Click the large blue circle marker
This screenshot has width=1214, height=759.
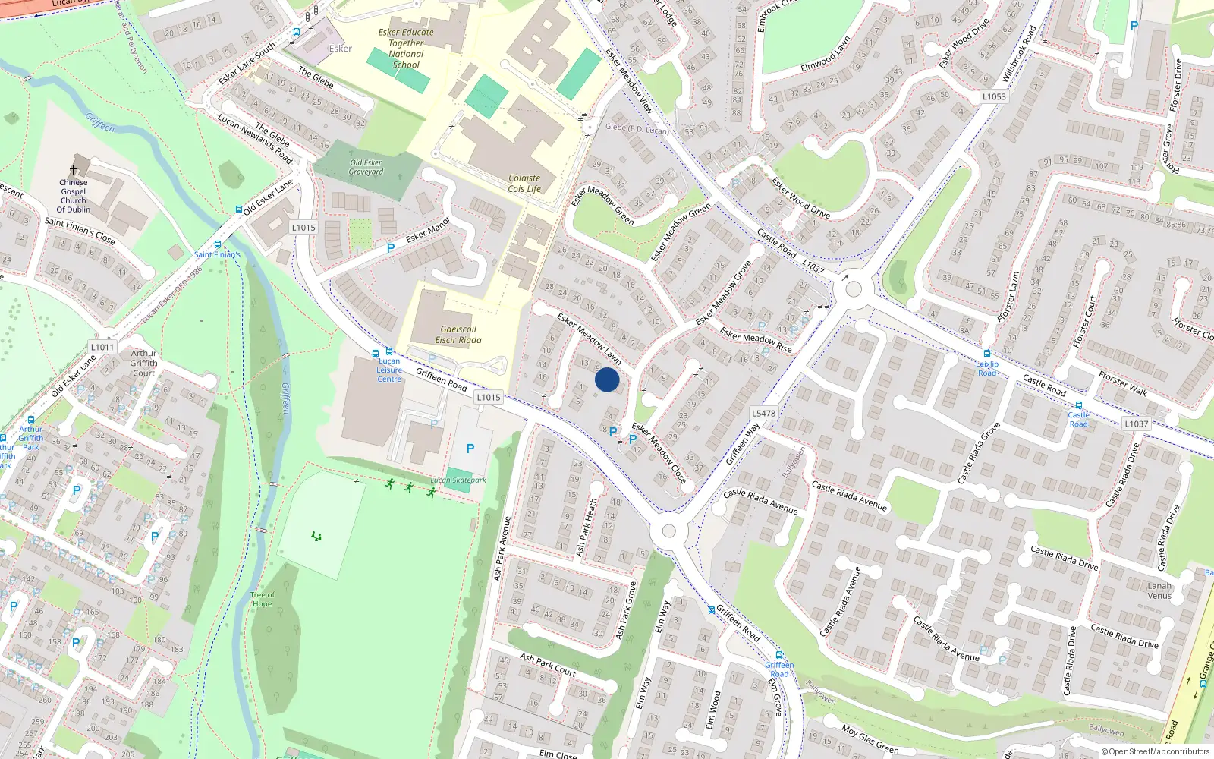coord(607,379)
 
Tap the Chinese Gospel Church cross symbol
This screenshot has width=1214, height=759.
coord(74,170)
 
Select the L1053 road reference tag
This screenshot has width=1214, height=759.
coord(994,96)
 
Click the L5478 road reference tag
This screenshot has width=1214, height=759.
coord(763,414)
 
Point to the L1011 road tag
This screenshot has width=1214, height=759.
coord(102,347)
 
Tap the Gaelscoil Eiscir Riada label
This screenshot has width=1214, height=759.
coord(458,335)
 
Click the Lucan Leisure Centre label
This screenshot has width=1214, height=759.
coord(389,370)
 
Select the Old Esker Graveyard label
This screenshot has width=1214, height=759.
coord(366,167)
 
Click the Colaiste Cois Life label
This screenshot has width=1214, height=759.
coord(524,184)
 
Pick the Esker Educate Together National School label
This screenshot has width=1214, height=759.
coord(406,49)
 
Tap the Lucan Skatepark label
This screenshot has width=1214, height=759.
coord(458,480)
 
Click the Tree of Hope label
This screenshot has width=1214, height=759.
coord(262,600)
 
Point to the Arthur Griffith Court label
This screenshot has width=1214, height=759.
coord(143,363)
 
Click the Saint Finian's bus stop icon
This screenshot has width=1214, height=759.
coord(218,244)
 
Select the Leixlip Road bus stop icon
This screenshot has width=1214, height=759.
coord(986,354)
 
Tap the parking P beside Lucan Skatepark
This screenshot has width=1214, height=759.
coord(470,449)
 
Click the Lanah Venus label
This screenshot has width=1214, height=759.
coord(1159,591)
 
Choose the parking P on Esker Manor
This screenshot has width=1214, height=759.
coord(391,247)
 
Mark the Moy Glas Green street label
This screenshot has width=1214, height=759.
coord(870,739)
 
